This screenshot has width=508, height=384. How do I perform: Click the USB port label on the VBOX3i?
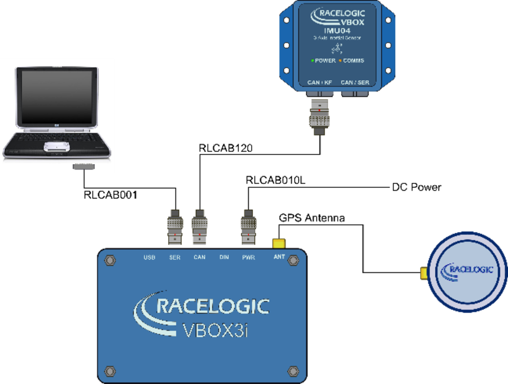click(149, 258)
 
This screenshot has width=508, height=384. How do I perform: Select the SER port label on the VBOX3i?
click(174, 258)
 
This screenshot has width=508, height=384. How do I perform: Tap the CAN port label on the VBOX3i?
click(199, 258)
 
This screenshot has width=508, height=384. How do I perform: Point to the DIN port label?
click(224, 258)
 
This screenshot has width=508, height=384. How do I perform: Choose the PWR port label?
click(248, 258)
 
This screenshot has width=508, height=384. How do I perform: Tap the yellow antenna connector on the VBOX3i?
click(278, 243)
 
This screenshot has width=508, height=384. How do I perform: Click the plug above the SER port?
click(174, 228)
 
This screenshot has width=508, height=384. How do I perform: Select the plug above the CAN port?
click(199, 228)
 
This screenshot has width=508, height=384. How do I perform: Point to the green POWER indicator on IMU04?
click(312, 60)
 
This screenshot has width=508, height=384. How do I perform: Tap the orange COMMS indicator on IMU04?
click(340, 60)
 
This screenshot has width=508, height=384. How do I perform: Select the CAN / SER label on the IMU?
click(355, 82)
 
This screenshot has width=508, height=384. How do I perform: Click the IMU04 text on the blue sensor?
click(338, 30)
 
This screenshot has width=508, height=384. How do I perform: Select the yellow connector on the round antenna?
click(422, 273)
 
